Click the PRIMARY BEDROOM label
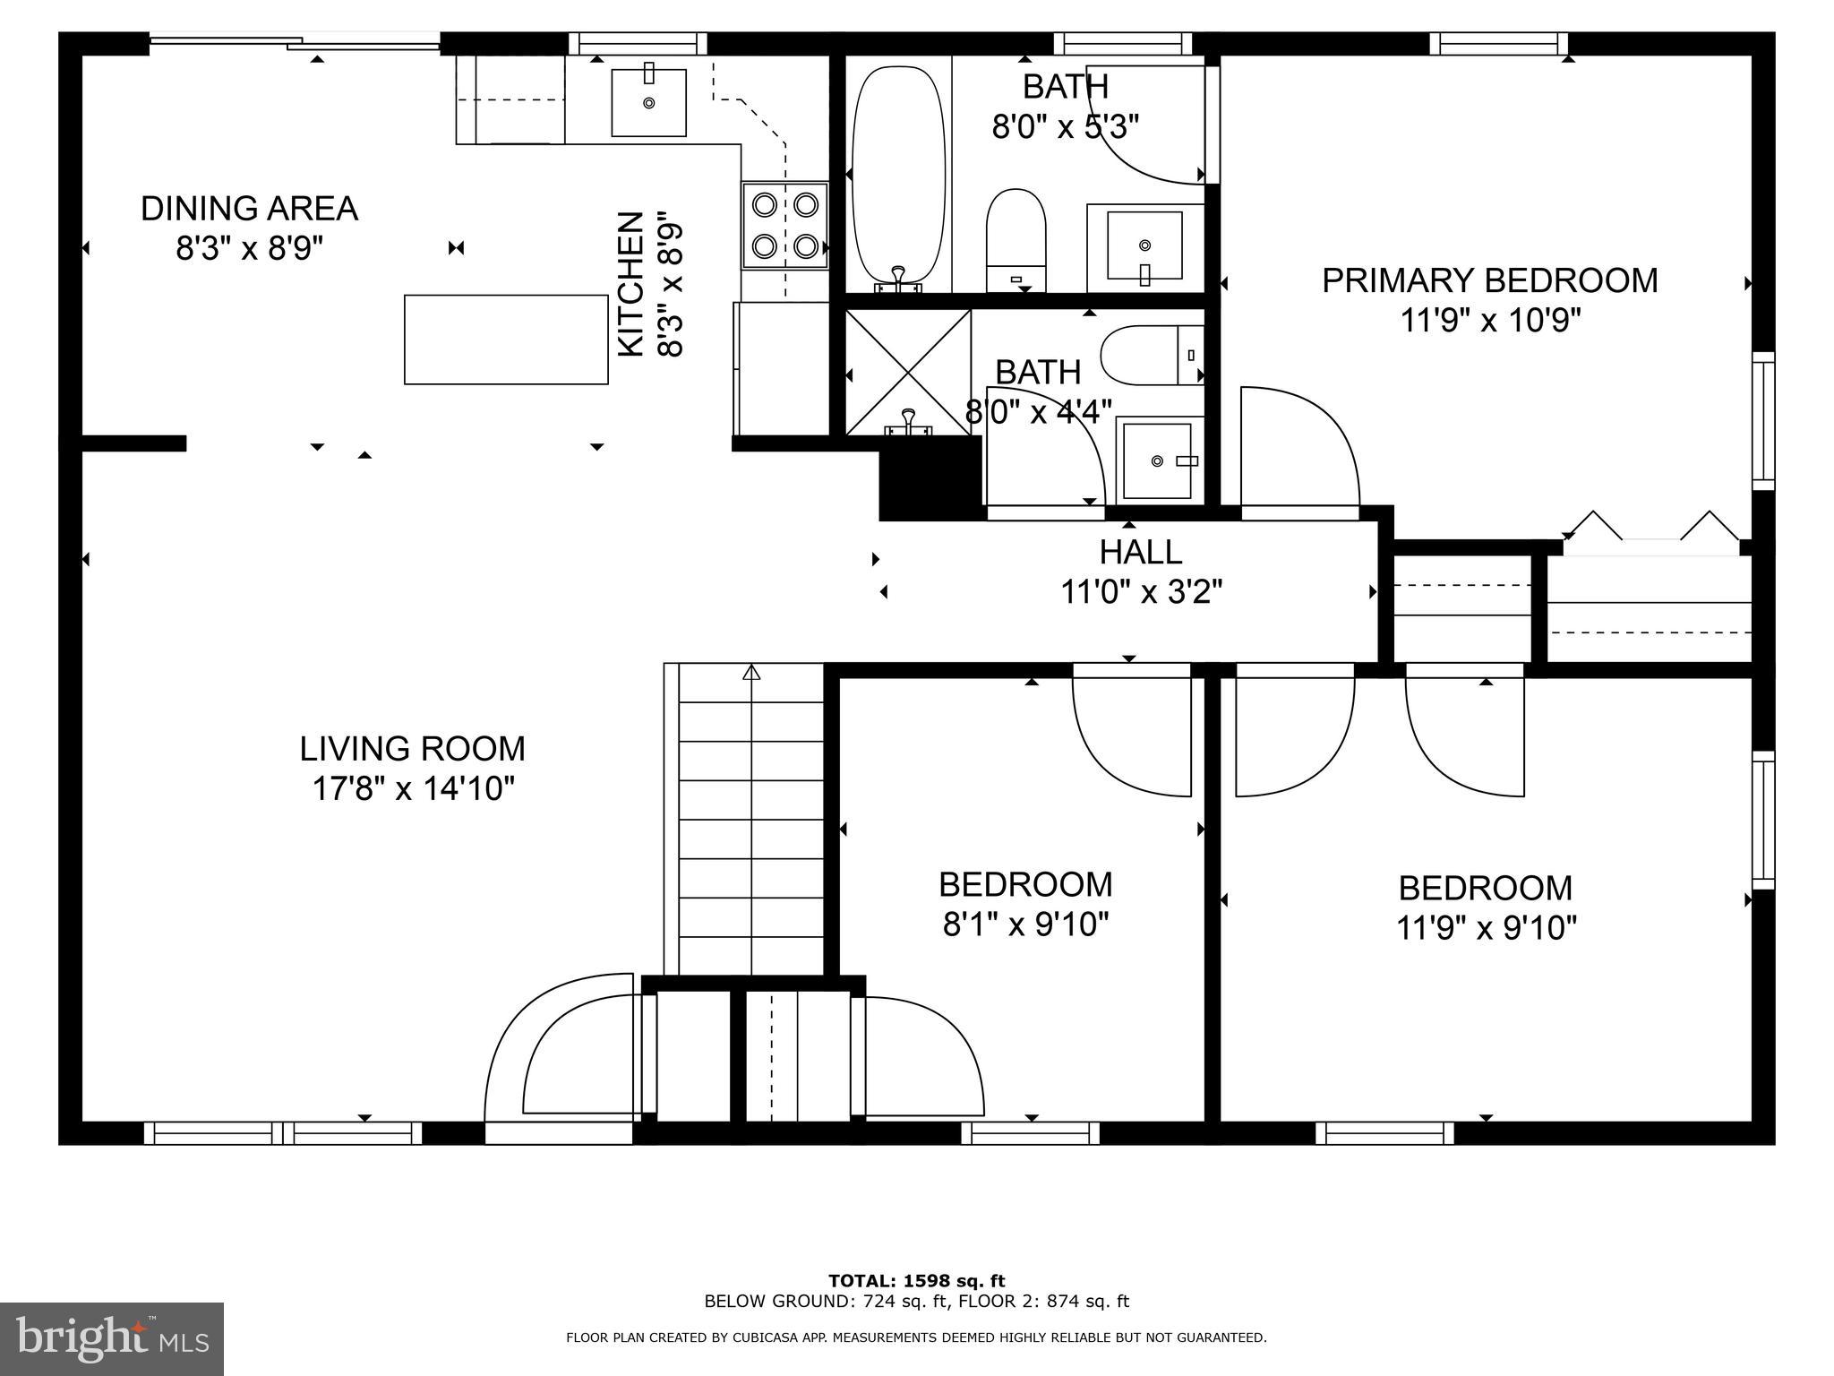coord(1490,280)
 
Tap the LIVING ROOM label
coord(412,749)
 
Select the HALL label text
coord(1141,552)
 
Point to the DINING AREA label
coord(249,209)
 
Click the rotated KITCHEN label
coord(632,284)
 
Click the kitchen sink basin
coord(649,102)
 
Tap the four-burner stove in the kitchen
coord(784,225)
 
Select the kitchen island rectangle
coord(506,340)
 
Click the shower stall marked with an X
coord(908,373)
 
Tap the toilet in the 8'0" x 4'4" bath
coord(1153,356)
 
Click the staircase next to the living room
coord(750,819)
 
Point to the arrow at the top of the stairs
coord(751,672)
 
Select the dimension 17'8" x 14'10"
coord(413,789)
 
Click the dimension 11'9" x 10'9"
coord(1490,320)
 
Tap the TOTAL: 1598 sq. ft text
coord(916,1281)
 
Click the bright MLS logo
coord(112,1339)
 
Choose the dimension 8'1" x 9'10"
coord(1026,924)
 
